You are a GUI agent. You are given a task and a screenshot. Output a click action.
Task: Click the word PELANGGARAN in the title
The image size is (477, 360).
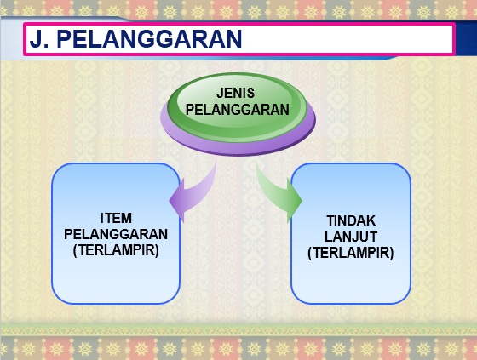click(x=149, y=38)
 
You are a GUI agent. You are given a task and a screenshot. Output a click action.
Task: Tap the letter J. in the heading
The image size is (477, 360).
click(x=39, y=38)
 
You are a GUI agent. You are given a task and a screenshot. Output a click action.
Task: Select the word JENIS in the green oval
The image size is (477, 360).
click(x=235, y=93)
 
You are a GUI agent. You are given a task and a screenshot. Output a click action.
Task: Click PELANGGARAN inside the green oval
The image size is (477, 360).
click(x=238, y=110)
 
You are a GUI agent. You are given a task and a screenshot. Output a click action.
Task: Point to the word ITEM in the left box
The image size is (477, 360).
click(x=116, y=218)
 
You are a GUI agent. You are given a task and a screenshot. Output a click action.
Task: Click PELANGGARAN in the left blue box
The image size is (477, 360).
click(x=116, y=234)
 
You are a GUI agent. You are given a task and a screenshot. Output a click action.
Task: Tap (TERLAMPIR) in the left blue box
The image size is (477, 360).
click(x=116, y=250)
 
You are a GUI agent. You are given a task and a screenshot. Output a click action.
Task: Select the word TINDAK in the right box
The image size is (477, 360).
click(x=351, y=220)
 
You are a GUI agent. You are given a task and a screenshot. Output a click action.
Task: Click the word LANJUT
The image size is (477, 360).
click(x=351, y=237)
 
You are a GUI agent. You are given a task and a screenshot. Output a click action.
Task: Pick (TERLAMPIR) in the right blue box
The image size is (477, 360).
click(x=351, y=253)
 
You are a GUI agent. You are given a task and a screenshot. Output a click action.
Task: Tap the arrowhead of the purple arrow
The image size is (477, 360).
click(x=177, y=201)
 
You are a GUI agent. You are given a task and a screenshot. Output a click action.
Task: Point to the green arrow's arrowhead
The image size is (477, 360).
click(x=295, y=201)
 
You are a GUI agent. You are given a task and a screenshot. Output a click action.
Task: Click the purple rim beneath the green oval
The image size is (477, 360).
click(x=238, y=148)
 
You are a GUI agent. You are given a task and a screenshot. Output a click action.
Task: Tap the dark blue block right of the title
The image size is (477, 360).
click(x=467, y=38)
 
